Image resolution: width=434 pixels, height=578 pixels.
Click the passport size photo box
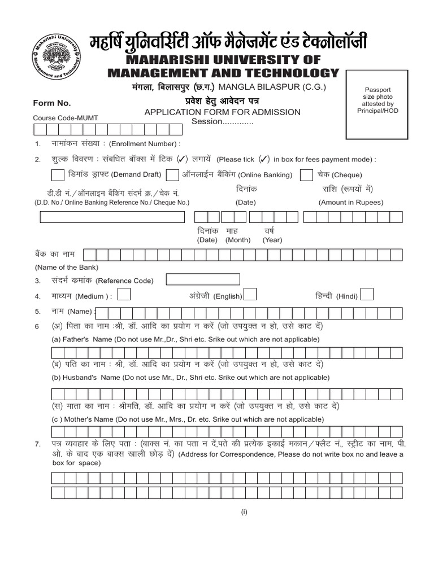378,104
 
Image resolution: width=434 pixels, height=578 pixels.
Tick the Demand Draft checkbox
58,174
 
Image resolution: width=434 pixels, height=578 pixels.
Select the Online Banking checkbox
173,174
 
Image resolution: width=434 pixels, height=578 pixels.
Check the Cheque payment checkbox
306,174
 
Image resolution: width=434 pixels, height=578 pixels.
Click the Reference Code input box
203,279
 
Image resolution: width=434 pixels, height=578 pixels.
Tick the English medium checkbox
250,294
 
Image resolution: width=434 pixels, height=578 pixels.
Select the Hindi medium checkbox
367,294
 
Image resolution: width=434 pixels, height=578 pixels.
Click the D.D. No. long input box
112,217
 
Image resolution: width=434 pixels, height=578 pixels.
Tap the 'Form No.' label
52,103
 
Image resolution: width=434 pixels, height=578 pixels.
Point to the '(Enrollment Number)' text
145,144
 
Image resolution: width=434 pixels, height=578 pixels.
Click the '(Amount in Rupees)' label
351,202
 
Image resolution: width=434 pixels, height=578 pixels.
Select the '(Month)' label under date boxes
238,240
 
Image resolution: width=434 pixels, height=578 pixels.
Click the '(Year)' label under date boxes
272,240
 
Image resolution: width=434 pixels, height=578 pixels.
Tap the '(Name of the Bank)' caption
67,267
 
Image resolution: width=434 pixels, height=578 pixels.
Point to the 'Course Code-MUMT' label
66,118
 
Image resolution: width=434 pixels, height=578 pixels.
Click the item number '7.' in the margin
37,445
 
